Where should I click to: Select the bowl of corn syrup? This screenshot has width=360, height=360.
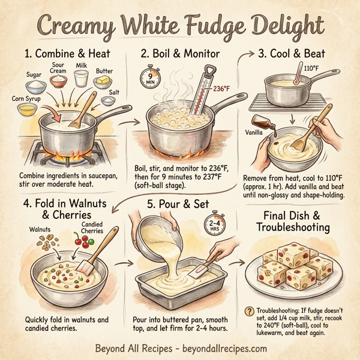[28, 108]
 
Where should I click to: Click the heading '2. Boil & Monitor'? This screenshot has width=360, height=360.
[179, 52]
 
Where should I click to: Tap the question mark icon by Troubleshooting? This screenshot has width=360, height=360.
[249, 310]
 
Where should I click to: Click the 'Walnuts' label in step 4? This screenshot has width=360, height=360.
[40, 229]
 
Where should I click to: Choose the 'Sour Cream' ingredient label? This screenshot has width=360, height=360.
[58, 67]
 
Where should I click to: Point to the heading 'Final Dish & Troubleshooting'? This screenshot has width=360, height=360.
[298, 221]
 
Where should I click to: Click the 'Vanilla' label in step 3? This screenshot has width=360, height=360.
[256, 131]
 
